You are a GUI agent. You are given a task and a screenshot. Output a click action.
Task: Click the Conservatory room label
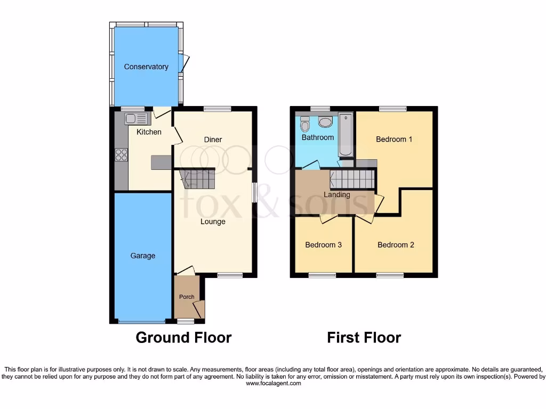[x=146, y=67]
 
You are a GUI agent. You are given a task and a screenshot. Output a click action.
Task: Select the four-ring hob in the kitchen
[x=121, y=154]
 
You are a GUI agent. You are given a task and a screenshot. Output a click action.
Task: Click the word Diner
[x=213, y=140]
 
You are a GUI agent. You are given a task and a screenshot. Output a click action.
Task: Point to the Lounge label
[x=213, y=222]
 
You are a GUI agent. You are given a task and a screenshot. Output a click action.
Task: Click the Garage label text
[x=143, y=256]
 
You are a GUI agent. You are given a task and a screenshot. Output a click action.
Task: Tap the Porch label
[x=186, y=297]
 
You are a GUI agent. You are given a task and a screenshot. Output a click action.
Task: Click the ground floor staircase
[x=198, y=179]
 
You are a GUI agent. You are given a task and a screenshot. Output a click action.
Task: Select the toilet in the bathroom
[x=305, y=124]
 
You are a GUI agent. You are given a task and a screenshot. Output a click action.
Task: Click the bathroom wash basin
[x=325, y=122]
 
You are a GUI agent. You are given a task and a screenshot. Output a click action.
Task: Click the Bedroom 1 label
[x=394, y=139]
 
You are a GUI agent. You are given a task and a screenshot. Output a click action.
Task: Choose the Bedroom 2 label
[x=396, y=245]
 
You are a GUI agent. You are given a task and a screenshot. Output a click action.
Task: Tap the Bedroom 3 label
[x=323, y=245]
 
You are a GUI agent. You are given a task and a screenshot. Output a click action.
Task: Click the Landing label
[x=337, y=194]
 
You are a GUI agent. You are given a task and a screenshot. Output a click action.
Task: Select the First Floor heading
[x=364, y=337]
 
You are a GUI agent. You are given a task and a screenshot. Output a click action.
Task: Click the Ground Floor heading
[x=183, y=337]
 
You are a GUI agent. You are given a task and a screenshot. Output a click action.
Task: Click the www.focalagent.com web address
[x=273, y=383]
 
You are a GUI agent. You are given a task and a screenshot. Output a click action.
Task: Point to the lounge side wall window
[x=254, y=192]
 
